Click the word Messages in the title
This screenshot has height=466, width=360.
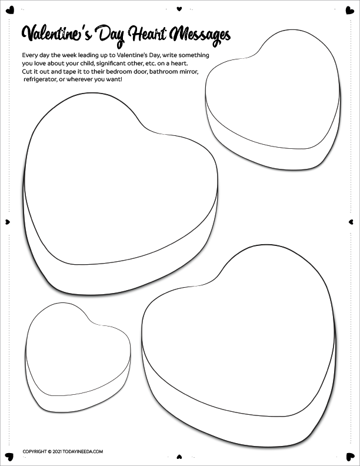(x=199, y=35)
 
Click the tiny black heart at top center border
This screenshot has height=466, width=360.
(x=180, y=9)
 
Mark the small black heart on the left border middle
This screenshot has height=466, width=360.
(x=7, y=222)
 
